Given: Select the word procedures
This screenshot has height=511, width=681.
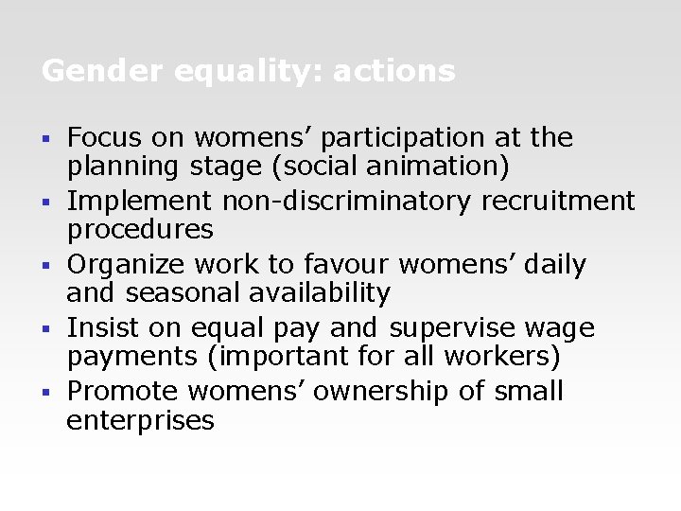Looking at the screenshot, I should point(140,230).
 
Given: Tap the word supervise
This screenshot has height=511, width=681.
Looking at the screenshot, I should point(449,328).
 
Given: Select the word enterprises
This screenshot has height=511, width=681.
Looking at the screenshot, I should point(140,420).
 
